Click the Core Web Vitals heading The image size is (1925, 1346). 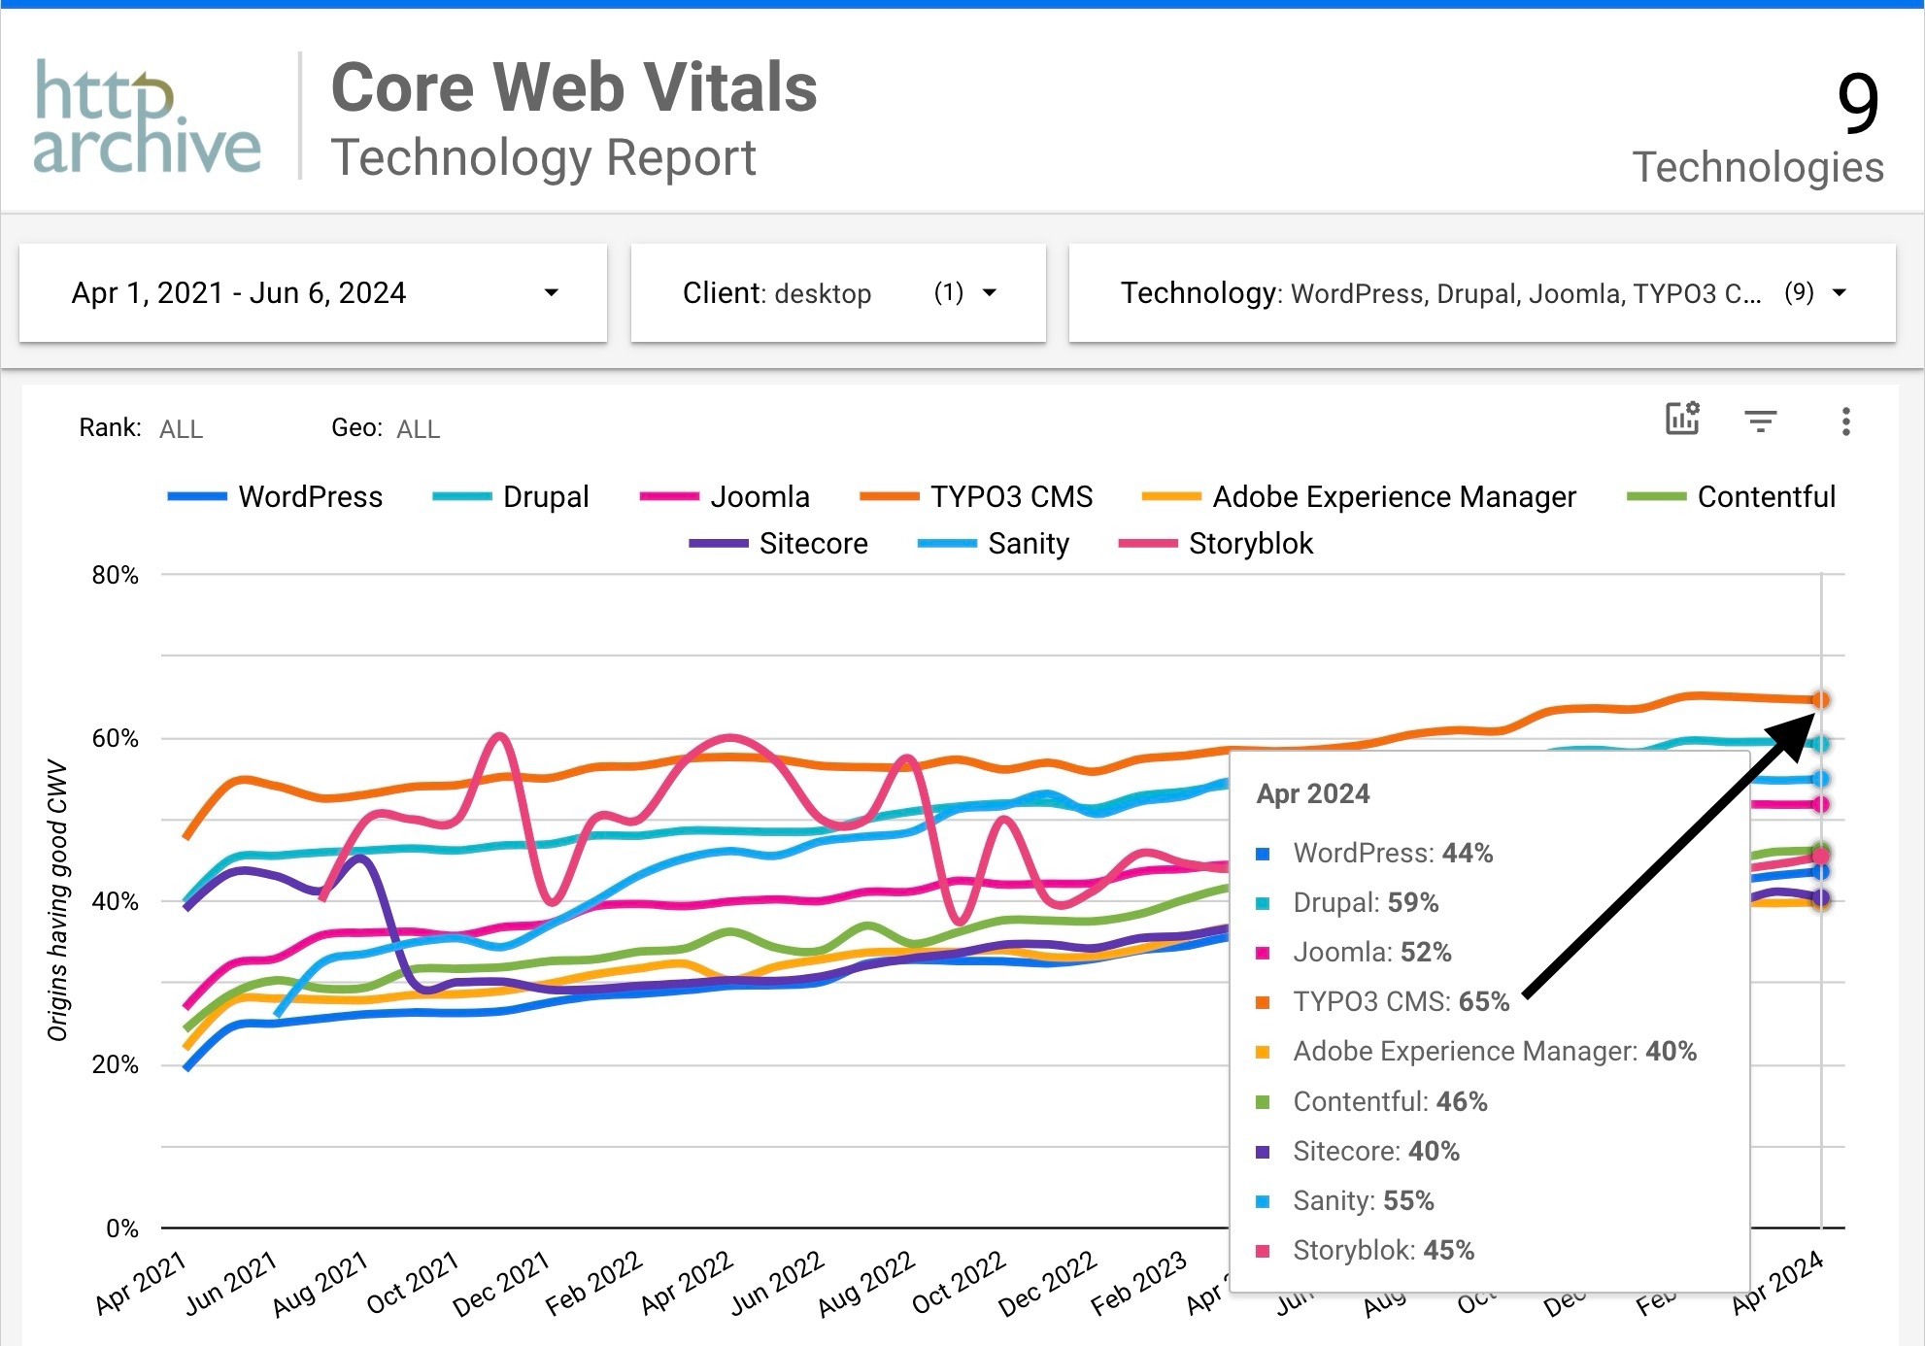point(573,87)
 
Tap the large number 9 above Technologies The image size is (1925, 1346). point(1857,103)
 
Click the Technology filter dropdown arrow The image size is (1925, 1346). point(1839,292)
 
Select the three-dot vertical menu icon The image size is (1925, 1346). point(1845,421)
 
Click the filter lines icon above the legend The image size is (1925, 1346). point(1760,421)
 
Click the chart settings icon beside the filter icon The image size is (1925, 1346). point(1682,419)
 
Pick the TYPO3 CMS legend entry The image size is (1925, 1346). point(1010,496)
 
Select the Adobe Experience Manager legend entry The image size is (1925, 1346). point(1393,496)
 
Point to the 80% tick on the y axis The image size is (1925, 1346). point(116,575)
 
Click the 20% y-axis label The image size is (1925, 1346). point(116,1064)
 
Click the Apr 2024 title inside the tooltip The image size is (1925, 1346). point(1312,793)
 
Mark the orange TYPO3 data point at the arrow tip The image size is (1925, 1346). point(1820,699)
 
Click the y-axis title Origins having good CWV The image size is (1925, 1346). point(58,900)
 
